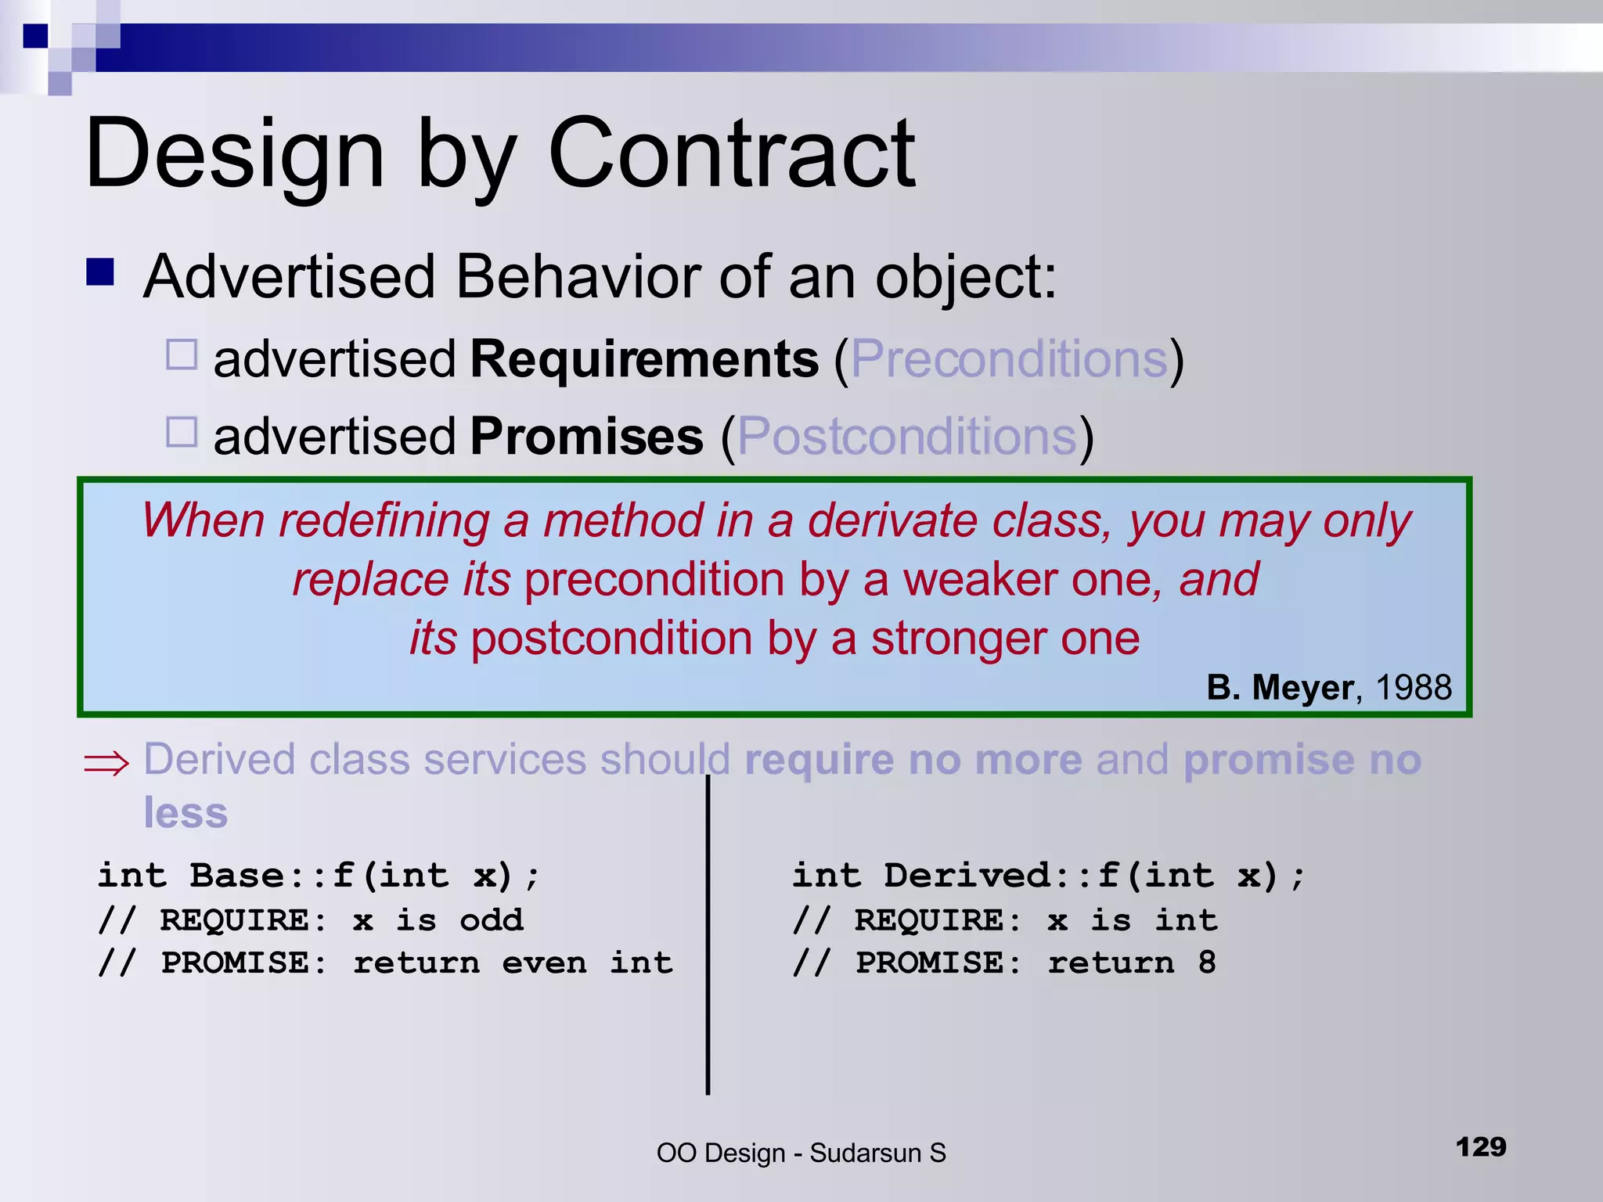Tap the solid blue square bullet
100,272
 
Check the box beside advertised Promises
182,431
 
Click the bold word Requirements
644,359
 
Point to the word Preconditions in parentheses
1010,359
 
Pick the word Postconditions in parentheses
907,436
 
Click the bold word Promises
586,436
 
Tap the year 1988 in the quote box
1413,687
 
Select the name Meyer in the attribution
1302,687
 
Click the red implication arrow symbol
106,763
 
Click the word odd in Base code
491,919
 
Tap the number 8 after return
1207,963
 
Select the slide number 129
1481,1147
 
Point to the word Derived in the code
969,875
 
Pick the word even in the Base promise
544,963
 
